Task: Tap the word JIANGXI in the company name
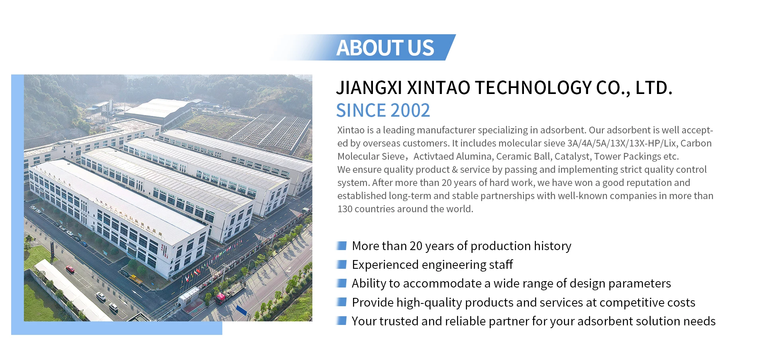(x=369, y=88)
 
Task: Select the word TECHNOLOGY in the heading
(x=533, y=88)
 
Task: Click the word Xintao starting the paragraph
(x=351, y=130)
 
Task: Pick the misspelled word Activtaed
(x=433, y=157)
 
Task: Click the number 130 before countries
(x=345, y=209)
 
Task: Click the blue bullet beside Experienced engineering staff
(x=342, y=264)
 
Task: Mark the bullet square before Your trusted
(x=342, y=321)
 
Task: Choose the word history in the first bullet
(x=552, y=246)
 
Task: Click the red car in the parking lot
(x=70, y=270)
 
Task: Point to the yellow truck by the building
(x=136, y=278)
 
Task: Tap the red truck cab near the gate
(x=220, y=298)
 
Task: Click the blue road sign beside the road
(x=241, y=310)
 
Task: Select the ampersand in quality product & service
(x=455, y=170)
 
